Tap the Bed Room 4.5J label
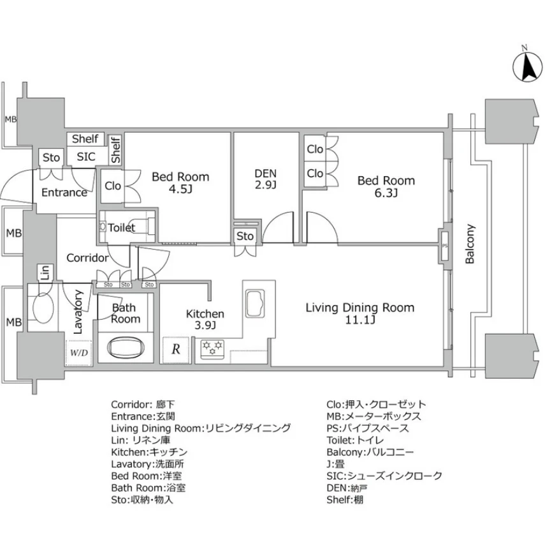(x=180, y=183)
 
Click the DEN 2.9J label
(x=265, y=179)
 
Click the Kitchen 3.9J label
(x=205, y=320)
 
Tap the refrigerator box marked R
(x=175, y=349)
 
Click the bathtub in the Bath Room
(x=125, y=349)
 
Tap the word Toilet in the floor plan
(x=121, y=228)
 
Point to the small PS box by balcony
(x=444, y=244)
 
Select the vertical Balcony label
(x=470, y=243)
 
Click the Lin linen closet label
(x=45, y=274)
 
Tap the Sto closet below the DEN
(x=245, y=236)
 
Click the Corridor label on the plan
(x=87, y=259)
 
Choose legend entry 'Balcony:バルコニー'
(x=370, y=452)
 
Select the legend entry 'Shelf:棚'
(x=345, y=500)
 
